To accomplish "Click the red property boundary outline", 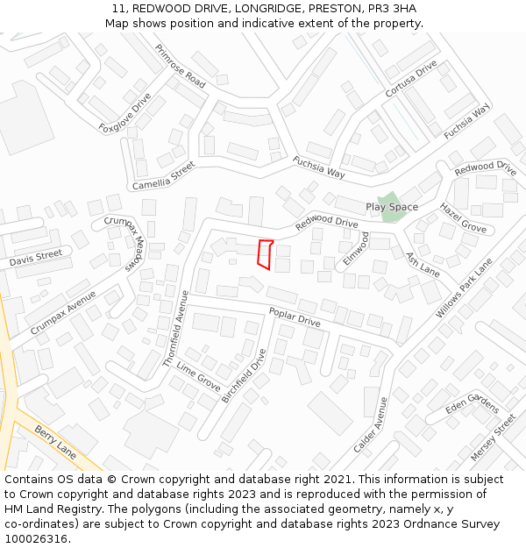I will [264, 253].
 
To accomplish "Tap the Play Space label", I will [392, 207].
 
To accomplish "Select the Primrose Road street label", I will [181, 66].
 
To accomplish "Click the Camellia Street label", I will [163, 175].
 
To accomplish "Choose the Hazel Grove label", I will [463, 217].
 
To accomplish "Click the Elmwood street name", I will [356, 249].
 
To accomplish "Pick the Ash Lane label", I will [423, 265].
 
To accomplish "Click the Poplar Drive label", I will [295, 317].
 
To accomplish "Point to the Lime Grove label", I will [198, 376].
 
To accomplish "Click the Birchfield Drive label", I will [244, 375].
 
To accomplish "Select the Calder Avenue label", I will [371, 424].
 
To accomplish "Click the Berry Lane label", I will [56, 440].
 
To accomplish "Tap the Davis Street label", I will [36, 258].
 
